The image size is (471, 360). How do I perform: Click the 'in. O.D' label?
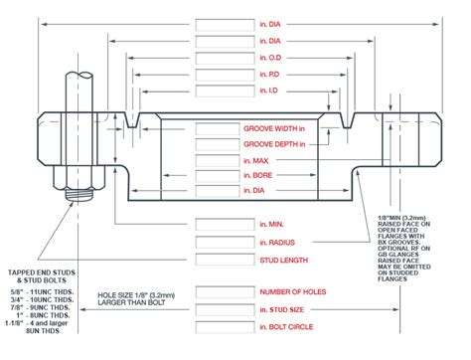274,58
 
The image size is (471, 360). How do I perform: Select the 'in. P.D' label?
274,75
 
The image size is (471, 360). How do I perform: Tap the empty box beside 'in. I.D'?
226,91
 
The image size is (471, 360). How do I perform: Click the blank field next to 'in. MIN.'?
226,225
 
